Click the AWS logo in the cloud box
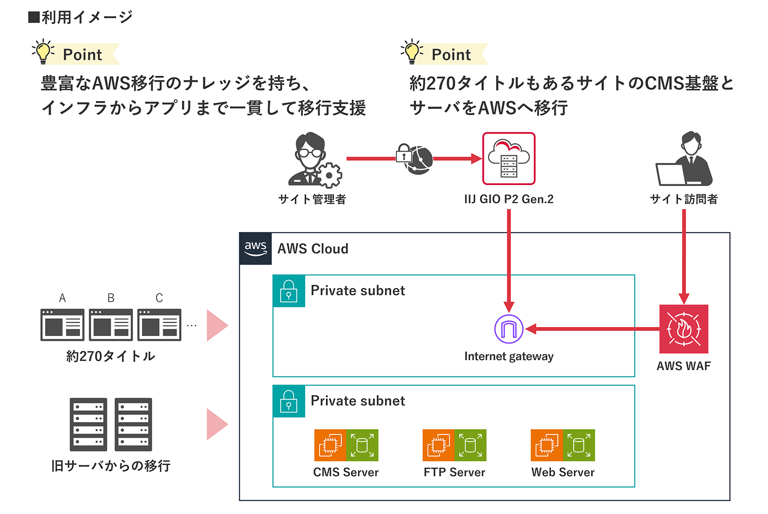point(255,248)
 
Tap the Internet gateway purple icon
point(509,329)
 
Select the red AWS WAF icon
point(684,329)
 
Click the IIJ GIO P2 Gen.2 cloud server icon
point(509,159)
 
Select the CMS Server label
point(346,472)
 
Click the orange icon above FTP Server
point(438,445)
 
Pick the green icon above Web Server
point(579,445)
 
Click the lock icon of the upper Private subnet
point(288,291)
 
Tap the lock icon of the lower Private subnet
point(288,401)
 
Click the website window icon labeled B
point(111,325)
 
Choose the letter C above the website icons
point(159,298)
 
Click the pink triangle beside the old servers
point(216,424)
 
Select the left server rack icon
point(88,424)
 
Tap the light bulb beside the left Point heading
point(43,52)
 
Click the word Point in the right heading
point(451,55)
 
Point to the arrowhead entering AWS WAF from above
point(684,299)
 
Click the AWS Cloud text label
point(313,249)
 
